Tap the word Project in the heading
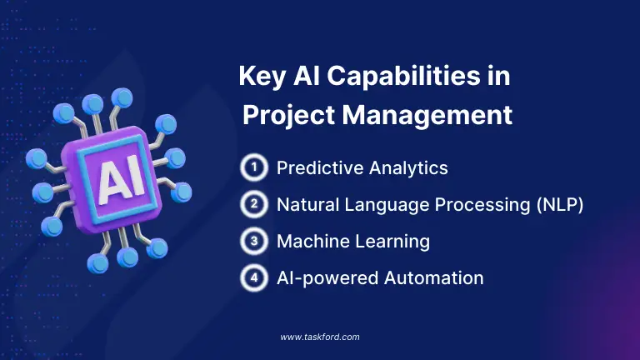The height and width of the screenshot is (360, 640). pyautogui.click(x=282, y=115)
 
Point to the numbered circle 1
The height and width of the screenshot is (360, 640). pyautogui.click(x=252, y=167)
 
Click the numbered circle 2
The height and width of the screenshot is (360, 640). pyautogui.click(x=252, y=203)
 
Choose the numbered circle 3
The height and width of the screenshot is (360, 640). pyautogui.click(x=252, y=241)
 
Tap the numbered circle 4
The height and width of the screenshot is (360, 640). pyautogui.click(x=252, y=277)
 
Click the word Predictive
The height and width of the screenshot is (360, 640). pyautogui.click(x=314, y=168)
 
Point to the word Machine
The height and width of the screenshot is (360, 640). pyautogui.click(x=311, y=242)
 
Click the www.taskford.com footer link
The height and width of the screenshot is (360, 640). pyautogui.click(x=320, y=337)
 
